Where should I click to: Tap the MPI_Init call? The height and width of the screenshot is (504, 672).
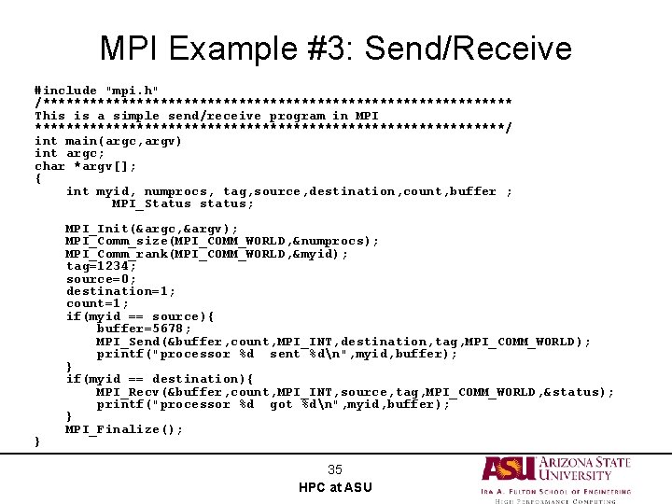point(151,229)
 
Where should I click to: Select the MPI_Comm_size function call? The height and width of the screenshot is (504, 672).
point(222,241)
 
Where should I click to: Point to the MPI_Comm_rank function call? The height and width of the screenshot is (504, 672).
point(207,254)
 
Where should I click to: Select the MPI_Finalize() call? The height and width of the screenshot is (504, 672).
point(124,429)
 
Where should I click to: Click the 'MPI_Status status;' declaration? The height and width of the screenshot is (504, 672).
point(182,203)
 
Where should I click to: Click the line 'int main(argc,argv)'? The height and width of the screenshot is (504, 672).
point(108,141)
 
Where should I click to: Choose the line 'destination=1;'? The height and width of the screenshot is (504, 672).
point(120,291)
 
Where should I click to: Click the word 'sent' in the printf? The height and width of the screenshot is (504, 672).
point(285,354)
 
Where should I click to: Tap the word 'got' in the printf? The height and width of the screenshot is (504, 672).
point(281,404)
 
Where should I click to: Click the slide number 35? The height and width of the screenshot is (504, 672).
point(335,469)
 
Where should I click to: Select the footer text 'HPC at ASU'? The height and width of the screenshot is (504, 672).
point(335,487)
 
